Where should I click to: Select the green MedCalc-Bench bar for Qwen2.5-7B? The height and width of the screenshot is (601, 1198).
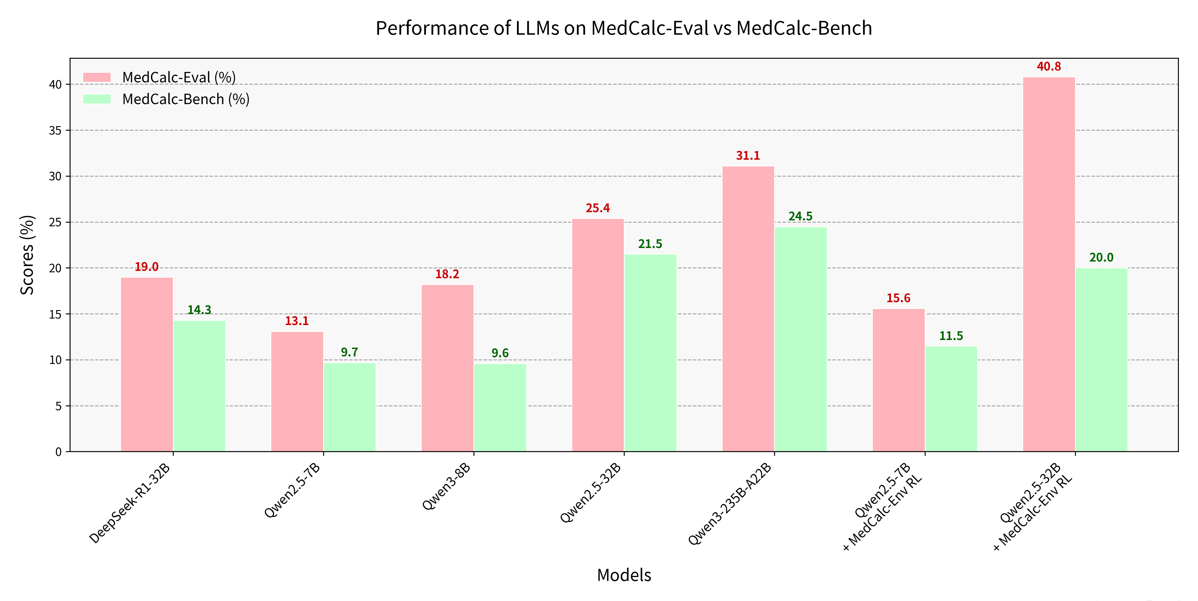pos(350,407)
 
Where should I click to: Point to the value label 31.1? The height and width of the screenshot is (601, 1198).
pos(748,156)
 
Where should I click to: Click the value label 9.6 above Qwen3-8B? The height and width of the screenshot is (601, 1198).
pos(500,353)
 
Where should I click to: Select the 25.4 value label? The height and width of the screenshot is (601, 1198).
pos(598,208)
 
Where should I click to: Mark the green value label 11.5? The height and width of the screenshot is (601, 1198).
pos(951,336)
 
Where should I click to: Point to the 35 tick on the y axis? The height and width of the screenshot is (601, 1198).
pos(55,131)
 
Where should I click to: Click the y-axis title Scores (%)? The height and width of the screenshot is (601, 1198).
pos(27,255)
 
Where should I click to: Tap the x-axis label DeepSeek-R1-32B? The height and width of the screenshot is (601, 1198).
pos(130,503)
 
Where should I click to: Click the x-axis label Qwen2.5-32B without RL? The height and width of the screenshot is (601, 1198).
pos(591,493)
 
